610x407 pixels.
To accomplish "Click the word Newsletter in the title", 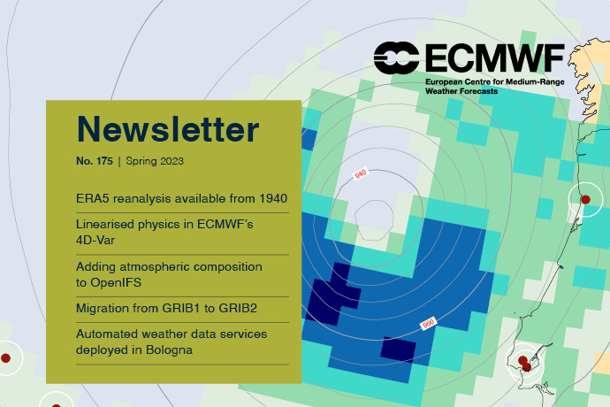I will pos(168,129).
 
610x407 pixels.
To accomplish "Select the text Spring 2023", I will pos(155,162).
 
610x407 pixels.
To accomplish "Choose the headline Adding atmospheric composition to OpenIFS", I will pos(169,273).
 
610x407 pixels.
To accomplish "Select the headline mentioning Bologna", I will pos(172,341).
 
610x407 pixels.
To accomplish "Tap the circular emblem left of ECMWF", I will pos(396,58).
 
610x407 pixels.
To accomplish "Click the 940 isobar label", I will pos(360,174).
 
